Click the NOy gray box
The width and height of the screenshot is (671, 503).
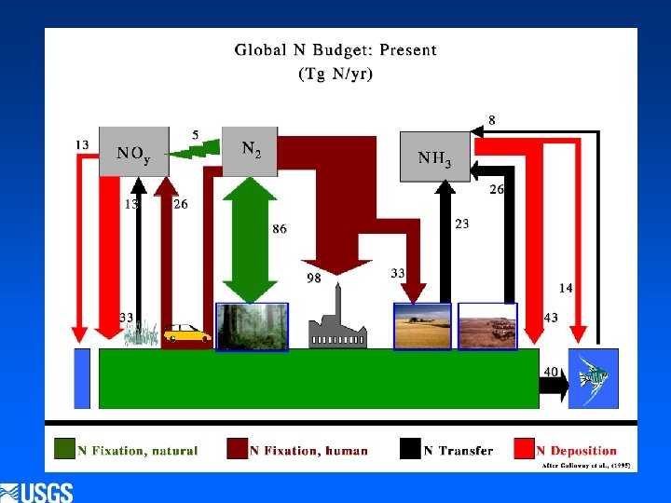[x=133, y=152]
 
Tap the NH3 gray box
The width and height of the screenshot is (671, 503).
[x=434, y=155]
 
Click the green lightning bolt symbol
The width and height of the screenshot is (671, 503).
[x=198, y=149]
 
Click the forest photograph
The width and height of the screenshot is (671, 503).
[x=252, y=326]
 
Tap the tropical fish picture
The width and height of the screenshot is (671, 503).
[x=593, y=377]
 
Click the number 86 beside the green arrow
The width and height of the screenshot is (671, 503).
[x=280, y=229]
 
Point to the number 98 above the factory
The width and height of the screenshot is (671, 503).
[x=314, y=279]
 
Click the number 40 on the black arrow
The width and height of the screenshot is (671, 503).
[x=552, y=372]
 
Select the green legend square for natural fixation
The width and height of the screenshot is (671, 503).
[x=64, y=449]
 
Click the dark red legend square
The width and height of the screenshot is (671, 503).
[x=237, y=449]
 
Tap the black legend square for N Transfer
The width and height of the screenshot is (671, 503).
[x=410, y=449]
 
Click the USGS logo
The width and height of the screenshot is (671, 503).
[x=37, y=492]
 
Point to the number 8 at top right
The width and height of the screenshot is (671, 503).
[x=491, y=119]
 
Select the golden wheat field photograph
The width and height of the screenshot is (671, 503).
[x=422, y=326]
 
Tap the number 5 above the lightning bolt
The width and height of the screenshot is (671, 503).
[x=195, y=134]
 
